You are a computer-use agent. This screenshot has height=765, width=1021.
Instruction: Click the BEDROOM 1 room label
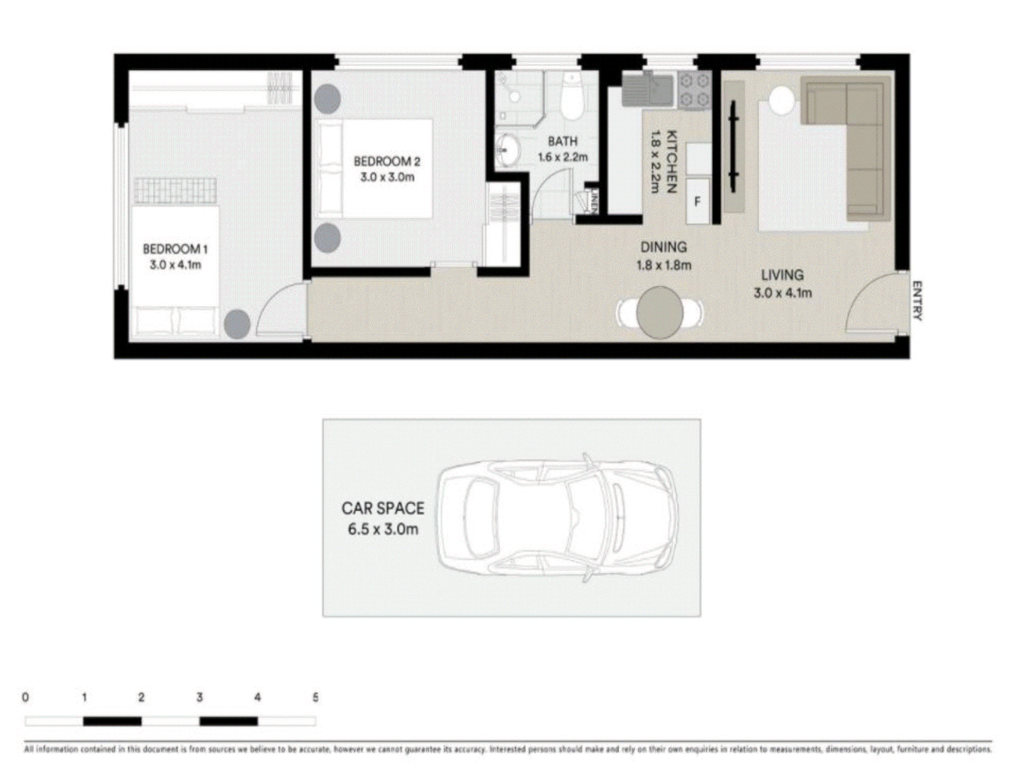tap(174, 249)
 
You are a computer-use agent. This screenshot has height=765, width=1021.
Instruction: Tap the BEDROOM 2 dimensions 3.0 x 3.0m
tap(387, 178)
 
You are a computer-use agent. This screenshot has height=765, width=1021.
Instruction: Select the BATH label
tap(562, 142)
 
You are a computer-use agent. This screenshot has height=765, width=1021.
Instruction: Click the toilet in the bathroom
tap(571, 99)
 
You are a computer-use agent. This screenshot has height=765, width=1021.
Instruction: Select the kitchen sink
tap(648, 90)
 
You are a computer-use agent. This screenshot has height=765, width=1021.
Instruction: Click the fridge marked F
tap(698, 203)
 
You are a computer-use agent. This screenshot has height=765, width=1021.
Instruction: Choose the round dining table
tap(660, 312)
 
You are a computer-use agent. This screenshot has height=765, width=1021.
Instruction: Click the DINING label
tap(664, 247)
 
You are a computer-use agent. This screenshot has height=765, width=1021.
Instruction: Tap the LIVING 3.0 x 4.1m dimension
tap(783, 293)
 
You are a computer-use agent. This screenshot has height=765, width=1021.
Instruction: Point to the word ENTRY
tap(917, 301)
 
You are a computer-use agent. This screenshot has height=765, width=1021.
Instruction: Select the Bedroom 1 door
tap(281, 309)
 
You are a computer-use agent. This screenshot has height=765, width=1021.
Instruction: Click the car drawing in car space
tap(557, 518)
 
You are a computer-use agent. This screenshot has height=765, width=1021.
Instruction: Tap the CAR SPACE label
tap(383, 509)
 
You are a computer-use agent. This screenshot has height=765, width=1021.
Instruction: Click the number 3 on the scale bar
tap(199, 698)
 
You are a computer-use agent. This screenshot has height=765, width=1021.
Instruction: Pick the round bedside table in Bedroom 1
tap(237, 324)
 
